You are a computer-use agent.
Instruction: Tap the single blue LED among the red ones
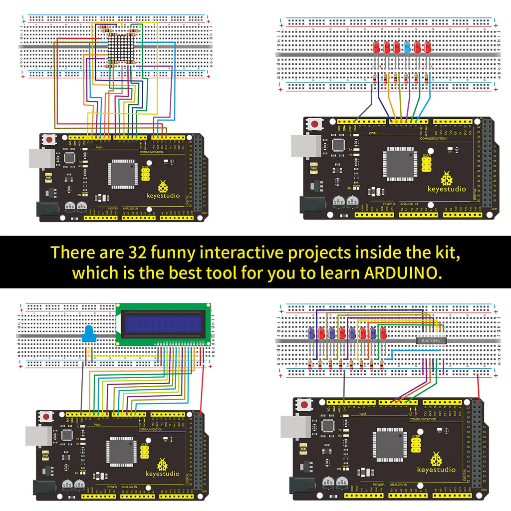(x=407, y=47)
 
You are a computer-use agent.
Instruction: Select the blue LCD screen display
(x=162, y=323)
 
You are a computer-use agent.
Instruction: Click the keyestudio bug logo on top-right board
(x=446, y=178)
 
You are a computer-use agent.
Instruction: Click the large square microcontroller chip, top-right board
(x=400, y=163)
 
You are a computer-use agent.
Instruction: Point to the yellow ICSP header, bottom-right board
(x=416, y=444)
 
